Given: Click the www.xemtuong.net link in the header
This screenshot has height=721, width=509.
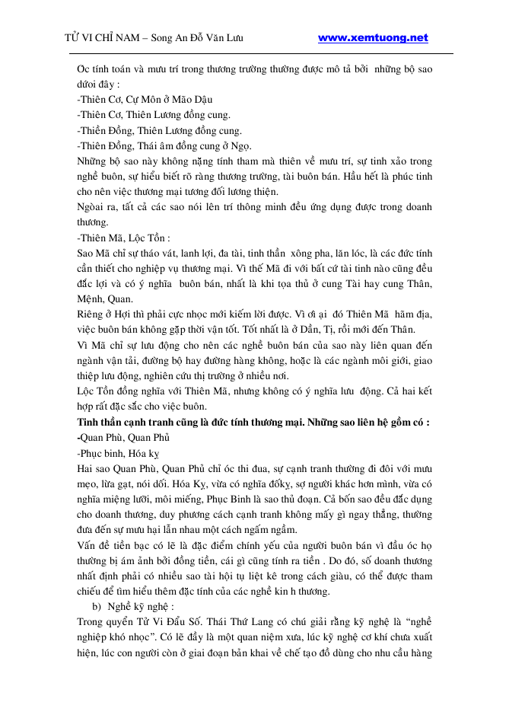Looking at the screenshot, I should (x=372, y=37).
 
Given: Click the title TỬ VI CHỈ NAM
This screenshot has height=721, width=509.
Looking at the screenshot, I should (x=107, y=38).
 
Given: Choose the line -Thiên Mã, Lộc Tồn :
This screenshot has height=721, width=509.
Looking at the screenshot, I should (x=124, y=237).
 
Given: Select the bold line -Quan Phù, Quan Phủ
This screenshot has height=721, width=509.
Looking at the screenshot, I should (x=122, y=437).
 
